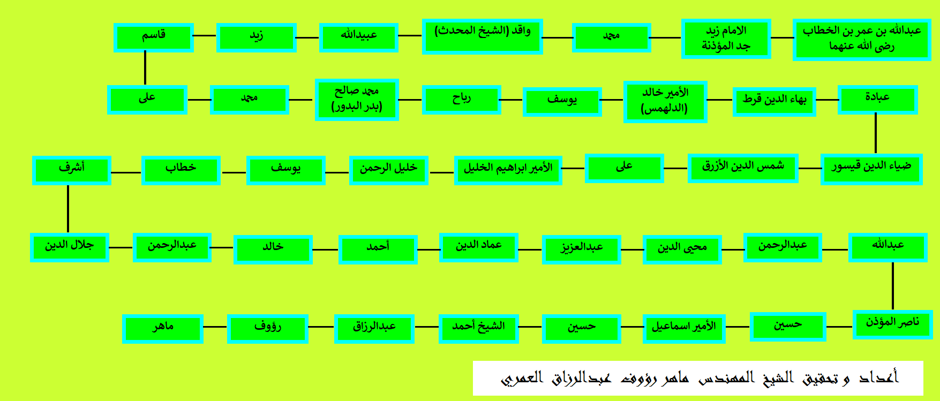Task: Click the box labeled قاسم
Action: click(x=153, y=37)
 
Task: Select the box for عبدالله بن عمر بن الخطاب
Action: click(x=862, y=39)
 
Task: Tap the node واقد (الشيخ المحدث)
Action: click(x=482, y=36)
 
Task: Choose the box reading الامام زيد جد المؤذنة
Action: click(x=726, y=39)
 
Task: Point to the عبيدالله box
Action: click(x=358, y=37)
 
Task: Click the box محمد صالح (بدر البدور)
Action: click(x=357, y=100)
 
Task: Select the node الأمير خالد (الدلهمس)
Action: click(x=665, y=102)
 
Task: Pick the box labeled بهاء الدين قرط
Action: click(x=774, y=101)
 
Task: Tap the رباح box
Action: click(x=461, y=100)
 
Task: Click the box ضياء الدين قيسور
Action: click(x=871, y=169)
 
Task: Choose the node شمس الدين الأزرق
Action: click(x=743, y=168)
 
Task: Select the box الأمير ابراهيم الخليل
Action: click(x=508, y=170)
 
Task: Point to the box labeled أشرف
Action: click(x=71, y=170)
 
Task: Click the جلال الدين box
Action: click(x=69, y=247)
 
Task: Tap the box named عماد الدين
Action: click(x=478, y=247)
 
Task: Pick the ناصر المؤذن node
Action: click(x=892, y=324)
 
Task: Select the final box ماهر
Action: click(x=162, y=329)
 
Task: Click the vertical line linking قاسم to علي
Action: click(x=145, y=69)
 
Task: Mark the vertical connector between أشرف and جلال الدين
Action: click(x=68, y=209)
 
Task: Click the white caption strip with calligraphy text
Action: click(x=698, y=378)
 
